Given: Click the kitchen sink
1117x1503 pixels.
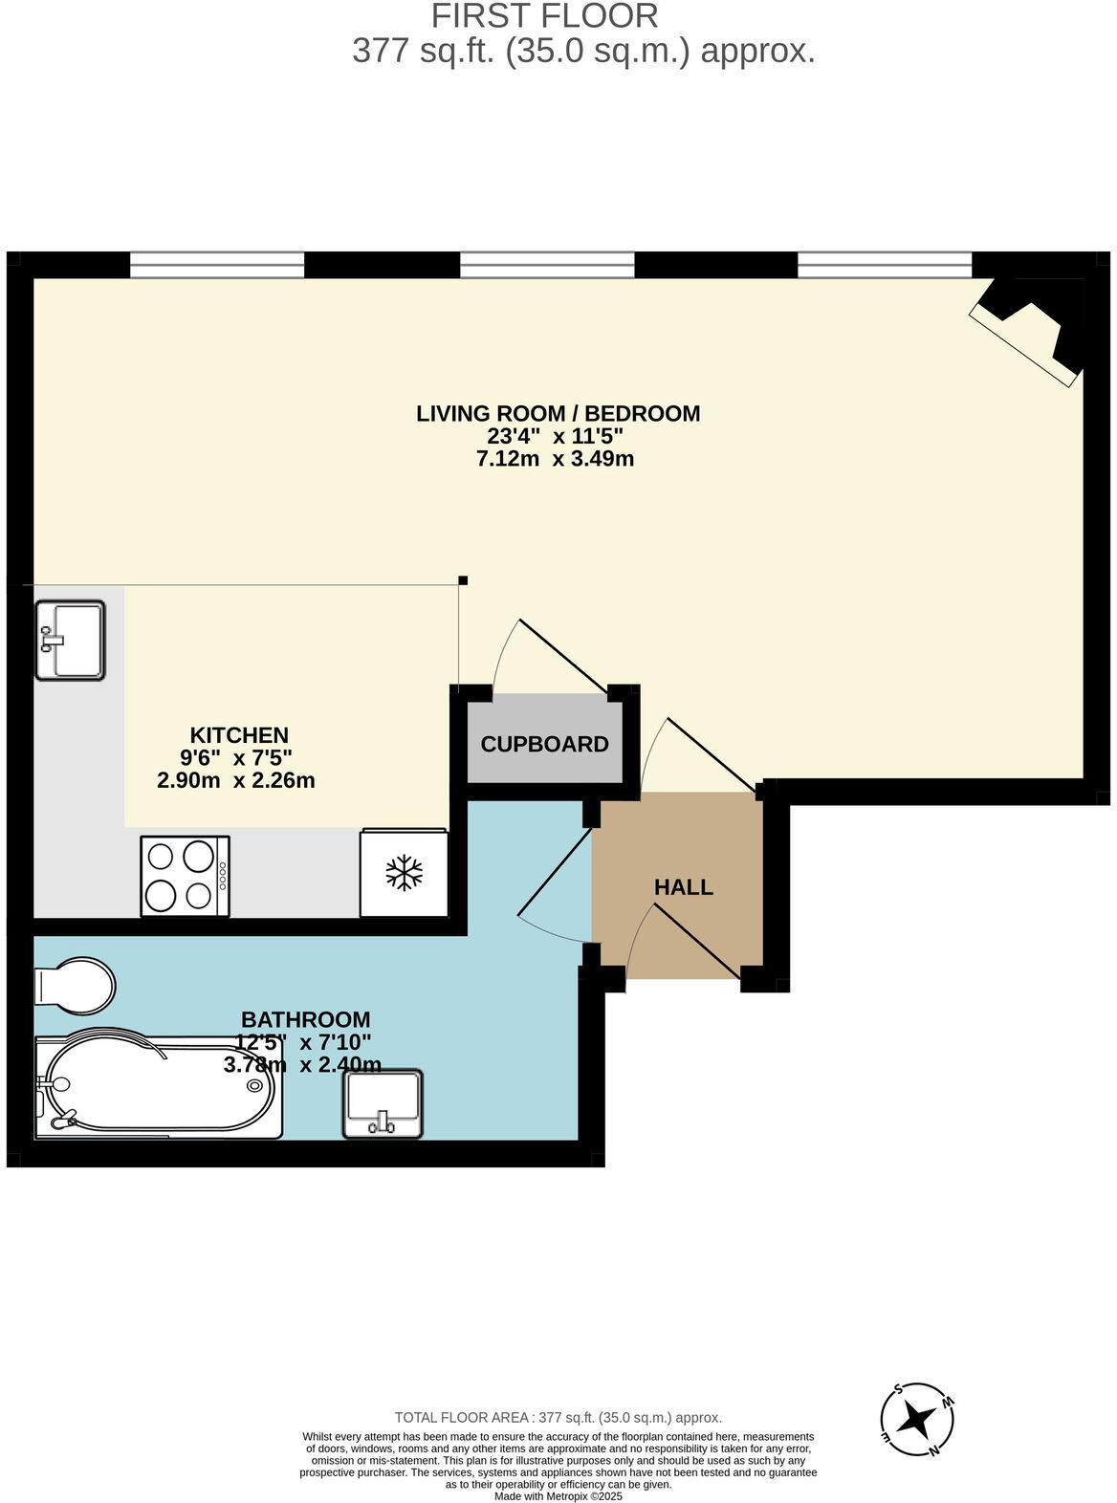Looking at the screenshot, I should [x=70, y=641].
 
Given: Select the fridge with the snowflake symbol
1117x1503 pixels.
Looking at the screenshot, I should [x=404, y=873].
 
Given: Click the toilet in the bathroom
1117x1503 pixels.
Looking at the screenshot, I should [x=73, y=985].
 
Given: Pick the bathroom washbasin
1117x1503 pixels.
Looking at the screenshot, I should [x=383, y=1104].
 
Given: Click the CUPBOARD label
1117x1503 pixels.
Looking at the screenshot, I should [x=544, y=744].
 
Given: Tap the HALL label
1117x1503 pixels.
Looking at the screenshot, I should [x=683, y=887].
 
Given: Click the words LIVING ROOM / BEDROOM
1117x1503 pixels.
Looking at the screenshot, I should [x=558, y=413].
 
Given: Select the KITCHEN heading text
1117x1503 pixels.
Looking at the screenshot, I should [x=239, y=735].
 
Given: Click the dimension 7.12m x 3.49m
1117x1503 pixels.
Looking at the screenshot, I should [x=555, y=459].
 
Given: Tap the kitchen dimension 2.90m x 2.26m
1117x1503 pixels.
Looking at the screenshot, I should [x=236, y=780].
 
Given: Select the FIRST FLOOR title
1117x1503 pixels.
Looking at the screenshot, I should [x=544, y=16].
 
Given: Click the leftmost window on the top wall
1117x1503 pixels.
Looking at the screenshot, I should [x=217, y=265].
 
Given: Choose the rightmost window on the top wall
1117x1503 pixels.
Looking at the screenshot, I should [x=885, y=265].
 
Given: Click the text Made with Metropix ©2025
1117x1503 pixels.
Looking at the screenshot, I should [x=558, y=1495].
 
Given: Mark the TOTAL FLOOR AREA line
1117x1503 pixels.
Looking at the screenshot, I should [x=558, y=1418].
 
